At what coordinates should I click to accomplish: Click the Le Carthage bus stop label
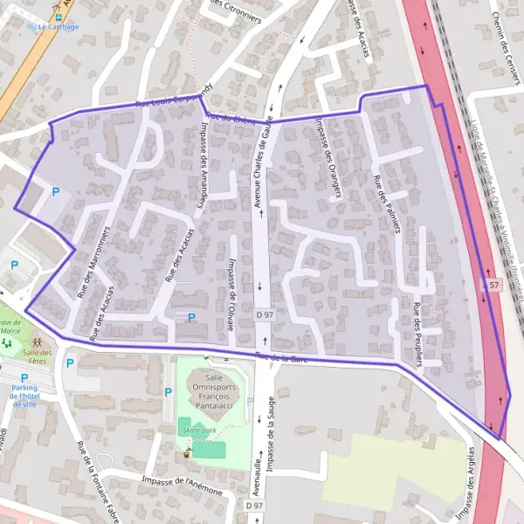pyautogui.click(x=59, y=27)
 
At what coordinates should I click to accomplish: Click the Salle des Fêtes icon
pyautogui.click(x=38, y=341)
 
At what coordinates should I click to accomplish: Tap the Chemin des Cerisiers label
pyautogui.click(x=502, y=52)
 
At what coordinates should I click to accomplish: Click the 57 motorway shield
pyautogui.click(x=495, y=286)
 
